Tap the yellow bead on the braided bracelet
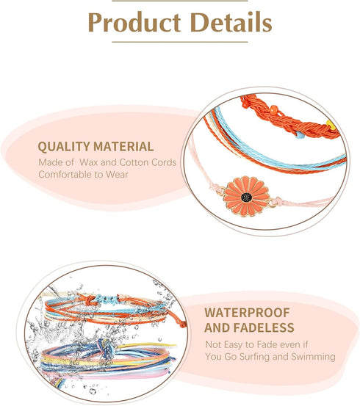point(331,125)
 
